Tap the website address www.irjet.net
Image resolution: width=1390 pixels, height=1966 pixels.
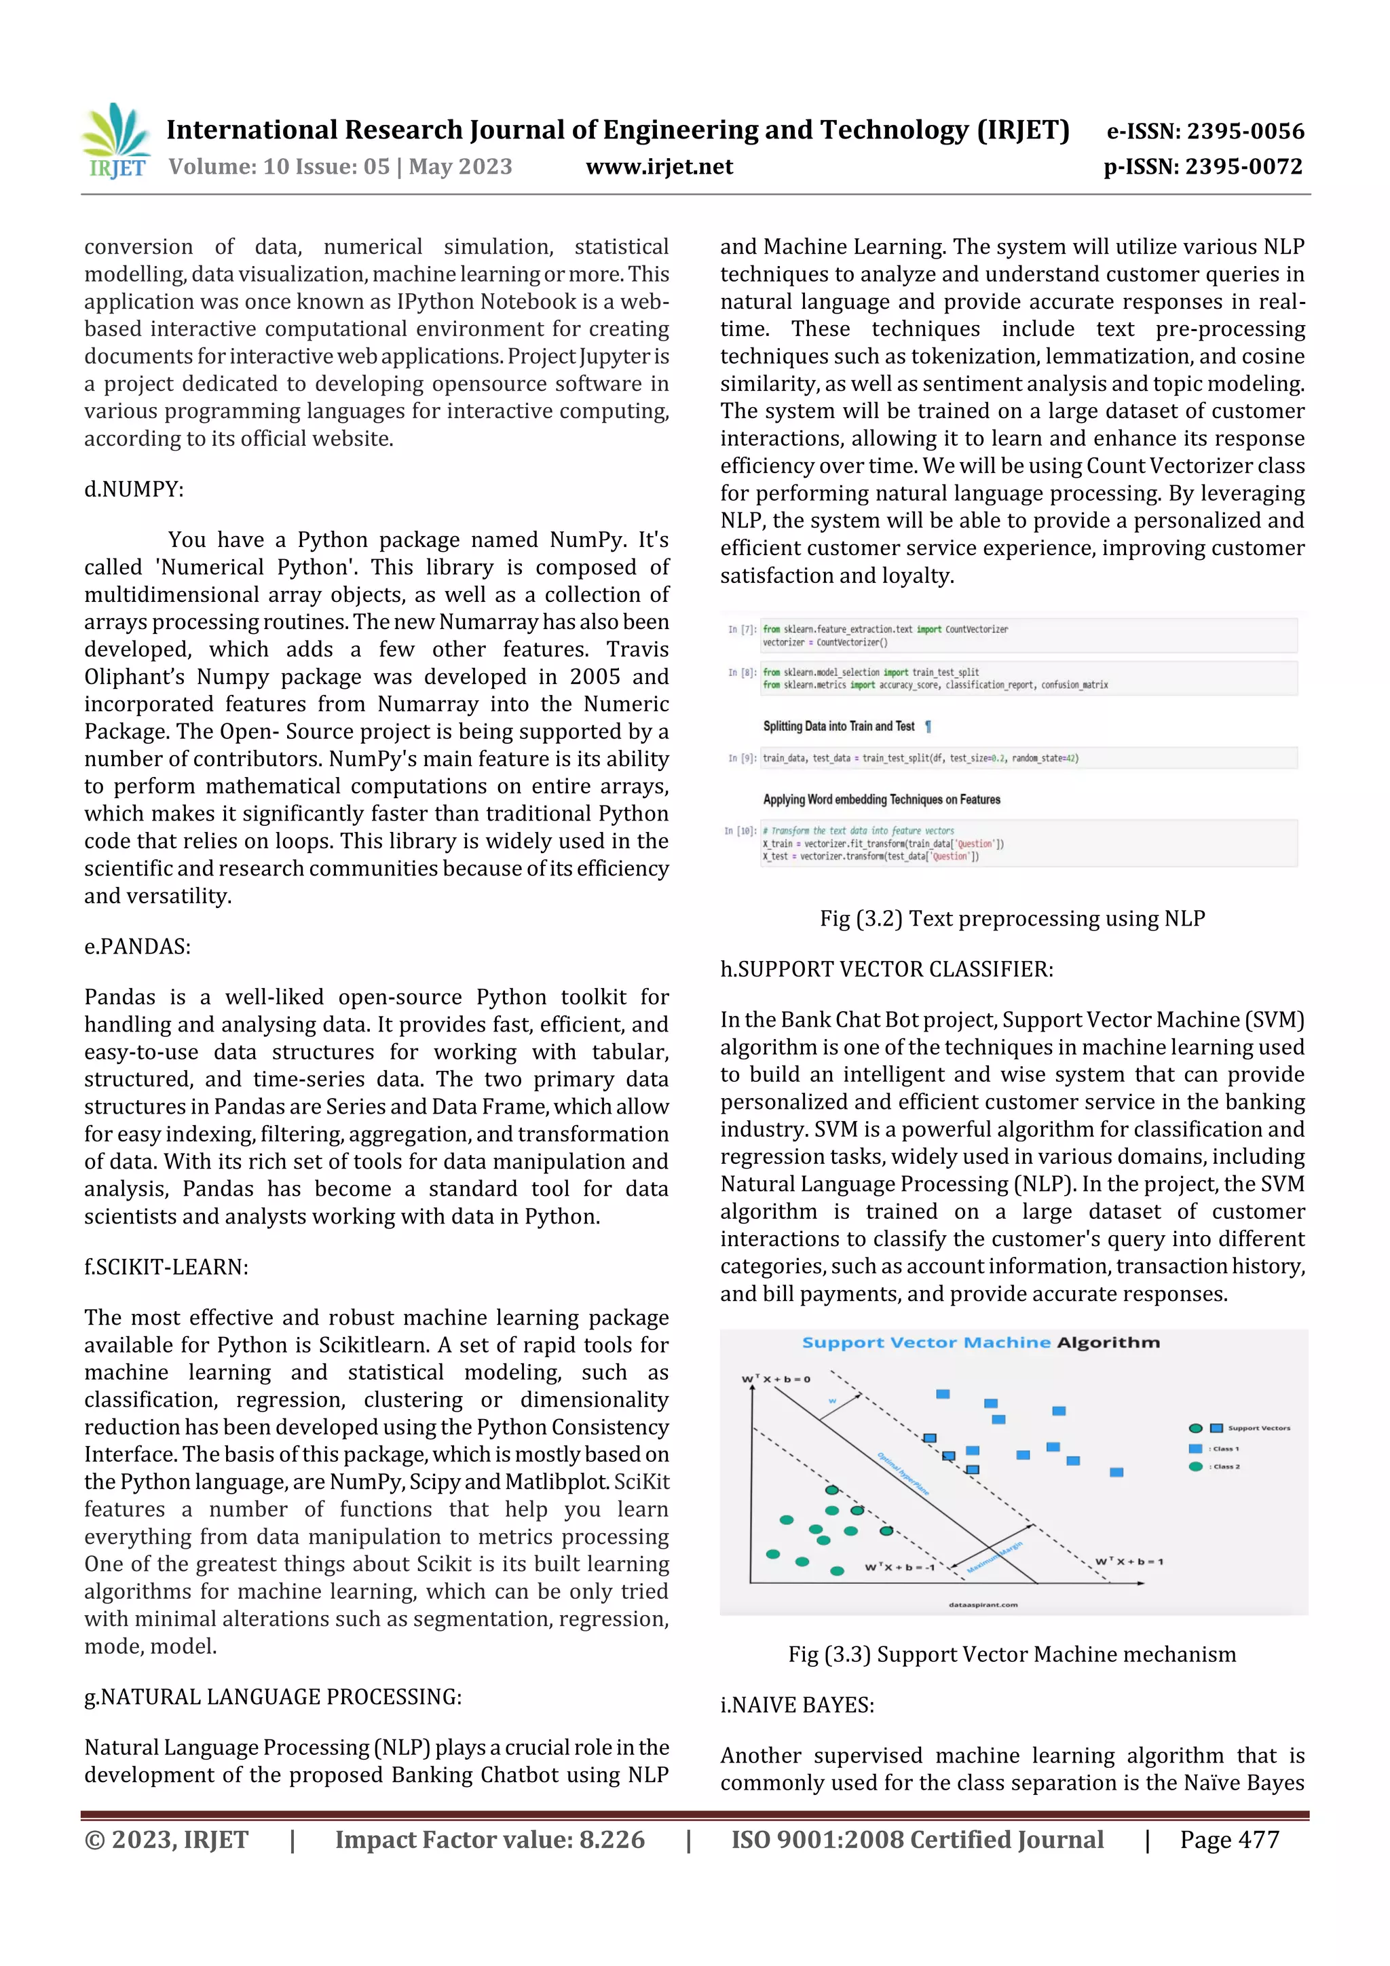(x=658, y=167)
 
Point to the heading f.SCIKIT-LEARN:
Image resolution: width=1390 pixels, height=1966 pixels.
(x=166, y=1266)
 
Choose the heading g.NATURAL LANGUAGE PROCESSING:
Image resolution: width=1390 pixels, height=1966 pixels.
(x=272, y=1697)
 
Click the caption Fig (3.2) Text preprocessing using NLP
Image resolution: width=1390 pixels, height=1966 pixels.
(x=1011, y=918)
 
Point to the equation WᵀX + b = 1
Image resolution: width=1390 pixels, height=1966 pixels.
(x=1129, y=1561)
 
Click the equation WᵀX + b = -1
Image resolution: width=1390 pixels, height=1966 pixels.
(x=899, y=1566)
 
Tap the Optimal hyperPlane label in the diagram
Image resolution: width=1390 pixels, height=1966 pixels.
(x=903, y=1473)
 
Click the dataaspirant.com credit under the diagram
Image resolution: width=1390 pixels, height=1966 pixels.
(x=983, y=1605)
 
